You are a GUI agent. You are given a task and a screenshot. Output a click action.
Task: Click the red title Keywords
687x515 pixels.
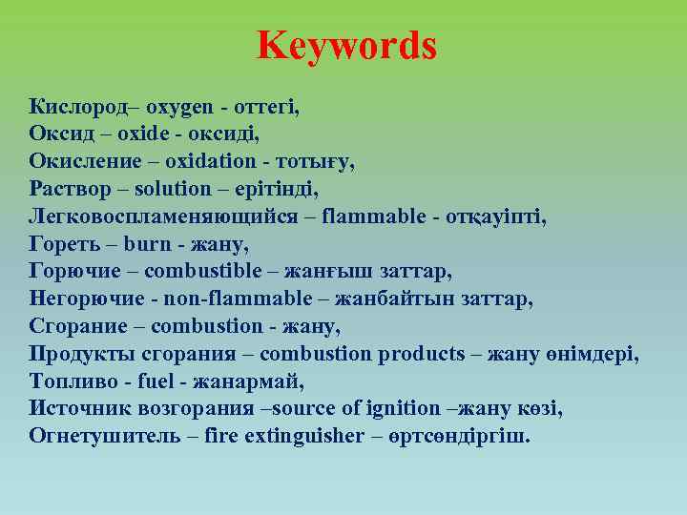point(346,45)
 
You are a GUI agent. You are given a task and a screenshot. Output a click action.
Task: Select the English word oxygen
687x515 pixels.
point(181,107)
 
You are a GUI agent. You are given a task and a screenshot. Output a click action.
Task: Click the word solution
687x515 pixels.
point(172,189)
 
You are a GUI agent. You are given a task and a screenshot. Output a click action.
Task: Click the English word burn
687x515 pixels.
point(147,244)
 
